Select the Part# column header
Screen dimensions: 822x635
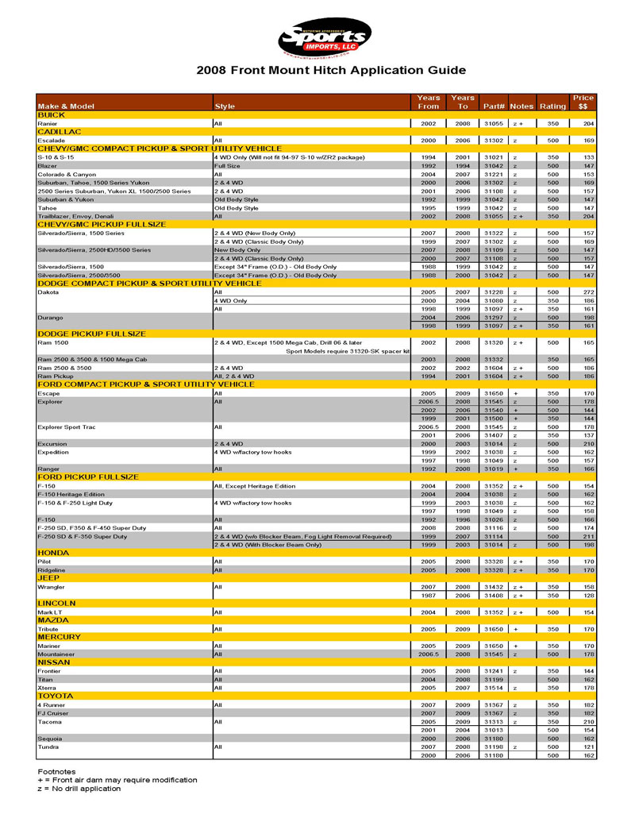[x=494, y=106]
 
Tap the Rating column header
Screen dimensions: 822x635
[x=552, y=106]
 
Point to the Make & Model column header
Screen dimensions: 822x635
[x=66, y=106]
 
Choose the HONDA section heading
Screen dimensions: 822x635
[x=53, y=553]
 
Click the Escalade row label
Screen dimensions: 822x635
[x=52, y=141]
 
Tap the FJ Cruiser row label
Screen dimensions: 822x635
[x=53, y=713]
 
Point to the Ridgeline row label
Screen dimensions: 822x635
[x=52, y=569]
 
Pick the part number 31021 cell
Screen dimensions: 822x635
[x=494, y=157]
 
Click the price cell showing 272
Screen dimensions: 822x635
[x=588, y=292]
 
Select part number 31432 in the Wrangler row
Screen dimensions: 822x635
[x=494, y=587]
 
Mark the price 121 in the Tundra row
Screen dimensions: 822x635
[x=588, y=747]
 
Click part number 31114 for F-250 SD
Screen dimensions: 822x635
[x=494, y=536]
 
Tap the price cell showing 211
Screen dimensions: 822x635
[x=588, y=536]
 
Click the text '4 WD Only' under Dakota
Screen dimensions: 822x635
[x=231, y=301]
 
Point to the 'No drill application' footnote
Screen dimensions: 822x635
[x=79, y=789]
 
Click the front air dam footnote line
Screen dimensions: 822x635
[x=117, y=780]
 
